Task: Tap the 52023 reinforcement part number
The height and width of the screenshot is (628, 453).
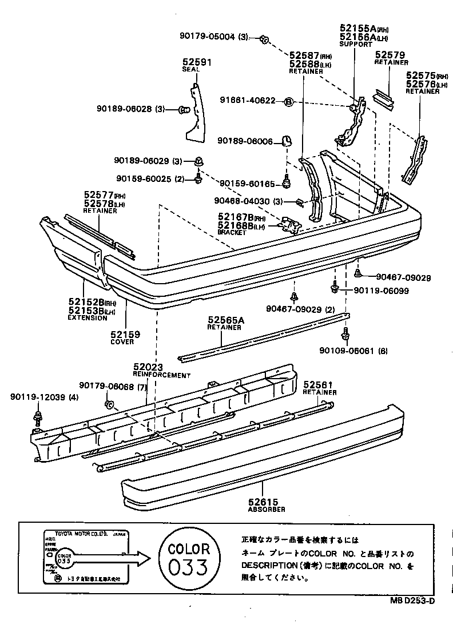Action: pos(149,367)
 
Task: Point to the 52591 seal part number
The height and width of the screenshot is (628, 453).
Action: pos(197,61)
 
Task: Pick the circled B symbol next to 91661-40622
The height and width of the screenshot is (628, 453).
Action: pos(289,101)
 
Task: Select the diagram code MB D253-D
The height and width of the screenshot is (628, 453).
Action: pos(413,600)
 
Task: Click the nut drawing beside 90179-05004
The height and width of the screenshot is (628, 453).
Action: pos(264,39)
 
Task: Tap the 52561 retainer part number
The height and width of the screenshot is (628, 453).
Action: pos(317,385)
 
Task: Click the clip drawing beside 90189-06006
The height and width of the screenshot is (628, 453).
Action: pos(287,140)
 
